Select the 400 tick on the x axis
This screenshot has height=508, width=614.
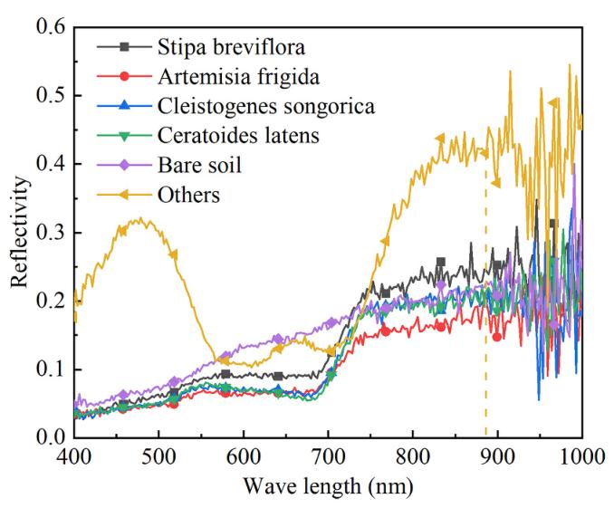[73, 457]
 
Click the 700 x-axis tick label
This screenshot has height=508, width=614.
[328, 457]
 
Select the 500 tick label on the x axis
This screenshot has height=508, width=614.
[158, 457]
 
